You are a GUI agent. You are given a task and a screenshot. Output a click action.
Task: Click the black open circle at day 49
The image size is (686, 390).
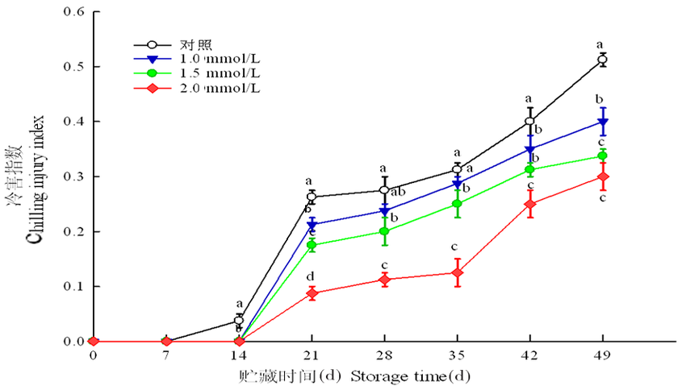point(602,60)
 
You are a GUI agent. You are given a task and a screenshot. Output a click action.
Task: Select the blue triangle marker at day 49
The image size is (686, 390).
point(602,122)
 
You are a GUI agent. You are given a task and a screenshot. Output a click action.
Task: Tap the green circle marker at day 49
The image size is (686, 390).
point(602,156)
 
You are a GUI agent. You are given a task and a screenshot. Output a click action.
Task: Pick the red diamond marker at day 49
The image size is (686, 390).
point(602,177)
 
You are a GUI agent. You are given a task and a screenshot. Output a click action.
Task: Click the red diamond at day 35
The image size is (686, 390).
point(457,273)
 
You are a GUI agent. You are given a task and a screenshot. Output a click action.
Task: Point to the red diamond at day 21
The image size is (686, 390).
point(312,293)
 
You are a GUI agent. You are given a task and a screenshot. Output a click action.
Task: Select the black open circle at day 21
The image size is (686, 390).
point(312,197)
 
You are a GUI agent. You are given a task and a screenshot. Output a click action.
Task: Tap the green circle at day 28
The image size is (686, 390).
point(384,231)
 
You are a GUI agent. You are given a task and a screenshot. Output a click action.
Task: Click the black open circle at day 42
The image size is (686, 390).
point(529,122)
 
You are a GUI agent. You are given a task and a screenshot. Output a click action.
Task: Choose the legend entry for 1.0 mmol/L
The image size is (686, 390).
point(217,59)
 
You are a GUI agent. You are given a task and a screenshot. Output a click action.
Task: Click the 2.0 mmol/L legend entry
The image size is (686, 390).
point(217,87)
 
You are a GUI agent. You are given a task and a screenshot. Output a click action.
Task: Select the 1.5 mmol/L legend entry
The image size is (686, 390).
point(217,73)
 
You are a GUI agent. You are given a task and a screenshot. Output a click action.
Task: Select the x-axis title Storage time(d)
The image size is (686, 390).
point(410,375)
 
